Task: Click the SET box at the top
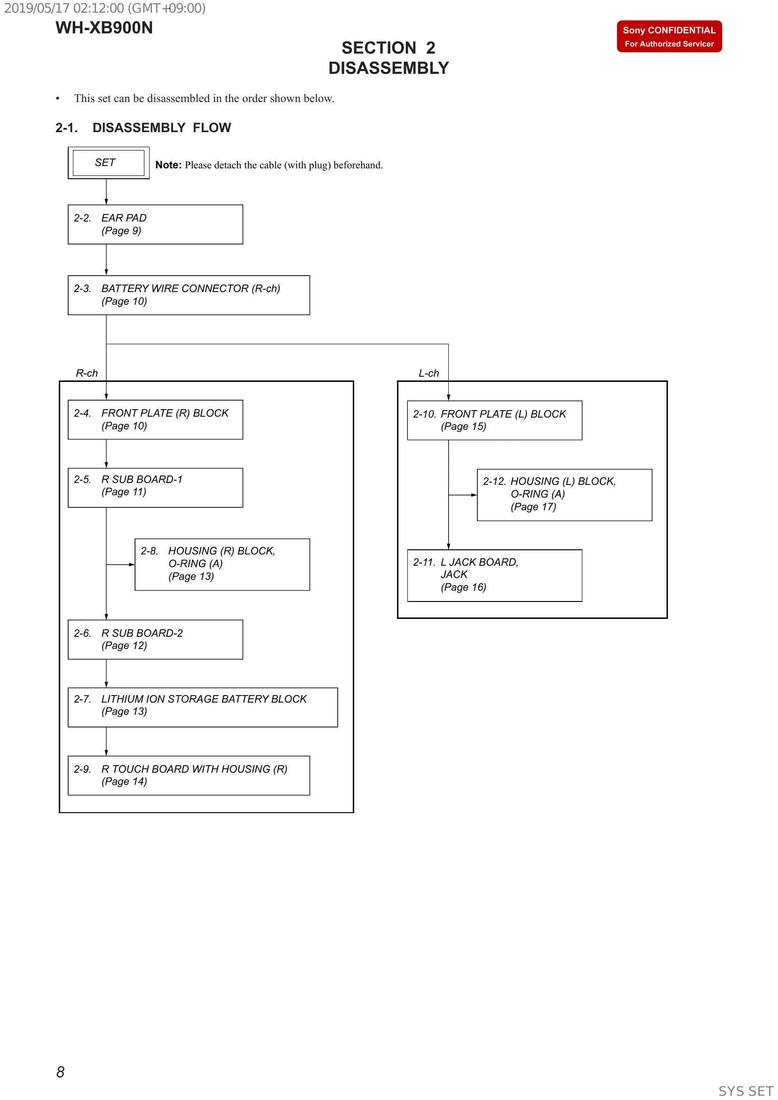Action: point(108,163)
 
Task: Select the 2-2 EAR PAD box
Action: point(155,224)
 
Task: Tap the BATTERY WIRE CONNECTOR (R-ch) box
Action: point(189,295)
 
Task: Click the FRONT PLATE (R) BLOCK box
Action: point(155,419)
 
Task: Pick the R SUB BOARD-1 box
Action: point(155,488)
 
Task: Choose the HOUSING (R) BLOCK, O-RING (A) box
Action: point(222,564)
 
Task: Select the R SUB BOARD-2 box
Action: point(155,640)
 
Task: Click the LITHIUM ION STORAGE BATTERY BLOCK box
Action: point(203,707)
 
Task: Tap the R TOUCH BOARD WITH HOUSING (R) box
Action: point(189,776)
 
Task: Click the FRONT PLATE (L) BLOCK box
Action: point(494,420)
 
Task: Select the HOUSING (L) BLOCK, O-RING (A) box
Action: point(564,495)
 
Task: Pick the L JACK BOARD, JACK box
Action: point(494,575)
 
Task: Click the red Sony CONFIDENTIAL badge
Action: point(669,36)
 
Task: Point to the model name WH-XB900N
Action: point(104,28)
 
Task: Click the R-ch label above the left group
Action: point(87,373)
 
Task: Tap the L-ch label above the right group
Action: point(429,373)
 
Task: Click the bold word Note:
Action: point(168,165)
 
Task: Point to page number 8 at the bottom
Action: point(60,1072)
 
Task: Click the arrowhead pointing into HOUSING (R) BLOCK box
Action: point(132,565)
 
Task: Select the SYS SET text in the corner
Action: point(746,1091)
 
